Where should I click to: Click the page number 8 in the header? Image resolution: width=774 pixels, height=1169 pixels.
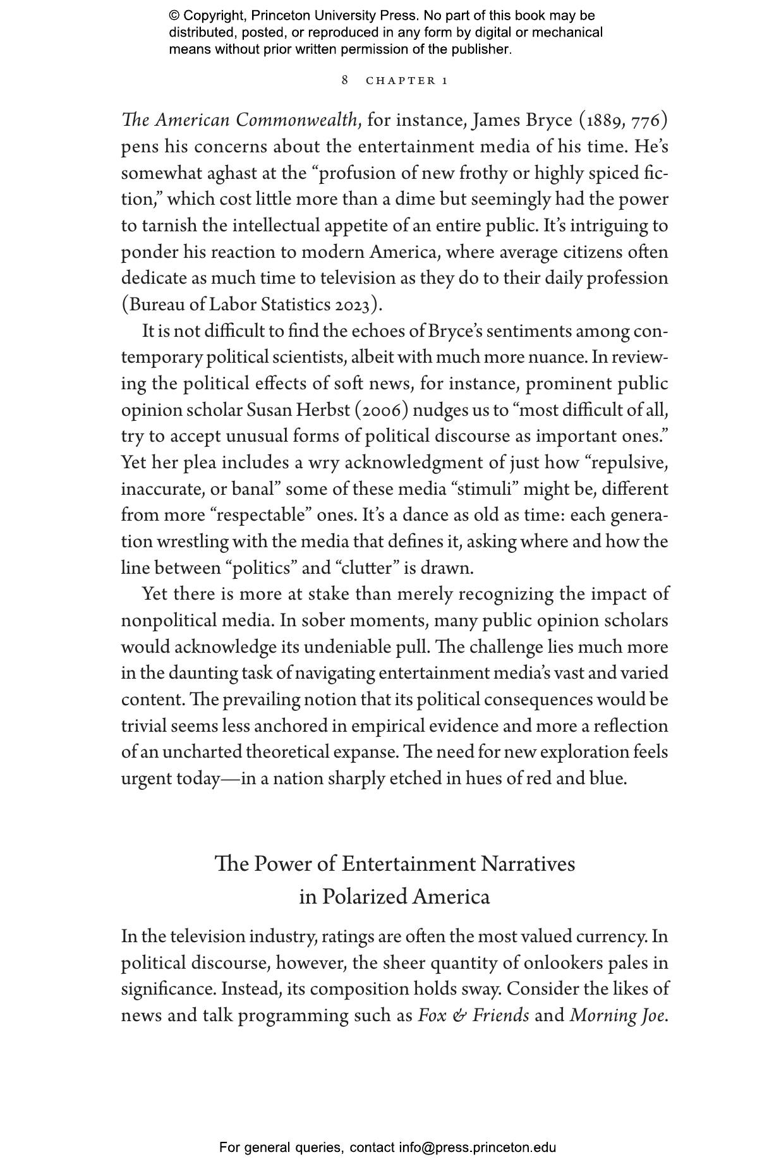tap(345, 80)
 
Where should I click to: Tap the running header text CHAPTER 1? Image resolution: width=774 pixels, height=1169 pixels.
tap(407, 81)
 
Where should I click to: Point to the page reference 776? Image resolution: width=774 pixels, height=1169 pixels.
tap(646, 120)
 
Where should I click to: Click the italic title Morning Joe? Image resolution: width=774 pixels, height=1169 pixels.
tap(617, 1015)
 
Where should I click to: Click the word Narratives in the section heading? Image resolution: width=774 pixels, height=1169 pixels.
tap(528, 864)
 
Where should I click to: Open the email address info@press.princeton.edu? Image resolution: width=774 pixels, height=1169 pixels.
tap(477, 1148)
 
